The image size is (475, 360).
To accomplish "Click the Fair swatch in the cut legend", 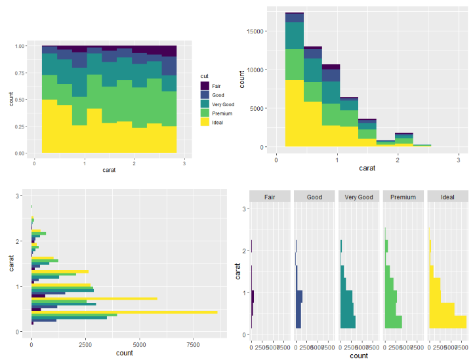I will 205,86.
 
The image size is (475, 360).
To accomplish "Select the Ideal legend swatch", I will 205,123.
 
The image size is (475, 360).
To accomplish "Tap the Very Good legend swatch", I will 205,104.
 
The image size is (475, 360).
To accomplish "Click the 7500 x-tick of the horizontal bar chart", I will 193,343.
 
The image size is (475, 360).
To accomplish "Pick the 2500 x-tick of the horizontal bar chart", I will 85,343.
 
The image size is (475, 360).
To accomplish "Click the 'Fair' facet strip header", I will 269,197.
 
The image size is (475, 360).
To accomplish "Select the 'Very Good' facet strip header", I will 358,197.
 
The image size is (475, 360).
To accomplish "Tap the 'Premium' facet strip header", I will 403,197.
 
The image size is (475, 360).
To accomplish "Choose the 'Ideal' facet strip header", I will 448,197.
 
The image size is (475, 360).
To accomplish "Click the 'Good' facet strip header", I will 314,197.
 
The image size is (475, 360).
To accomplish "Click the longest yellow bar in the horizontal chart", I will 125,311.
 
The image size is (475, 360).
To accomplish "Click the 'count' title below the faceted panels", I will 358,355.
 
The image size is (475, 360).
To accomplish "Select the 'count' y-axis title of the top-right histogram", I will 242,79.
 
